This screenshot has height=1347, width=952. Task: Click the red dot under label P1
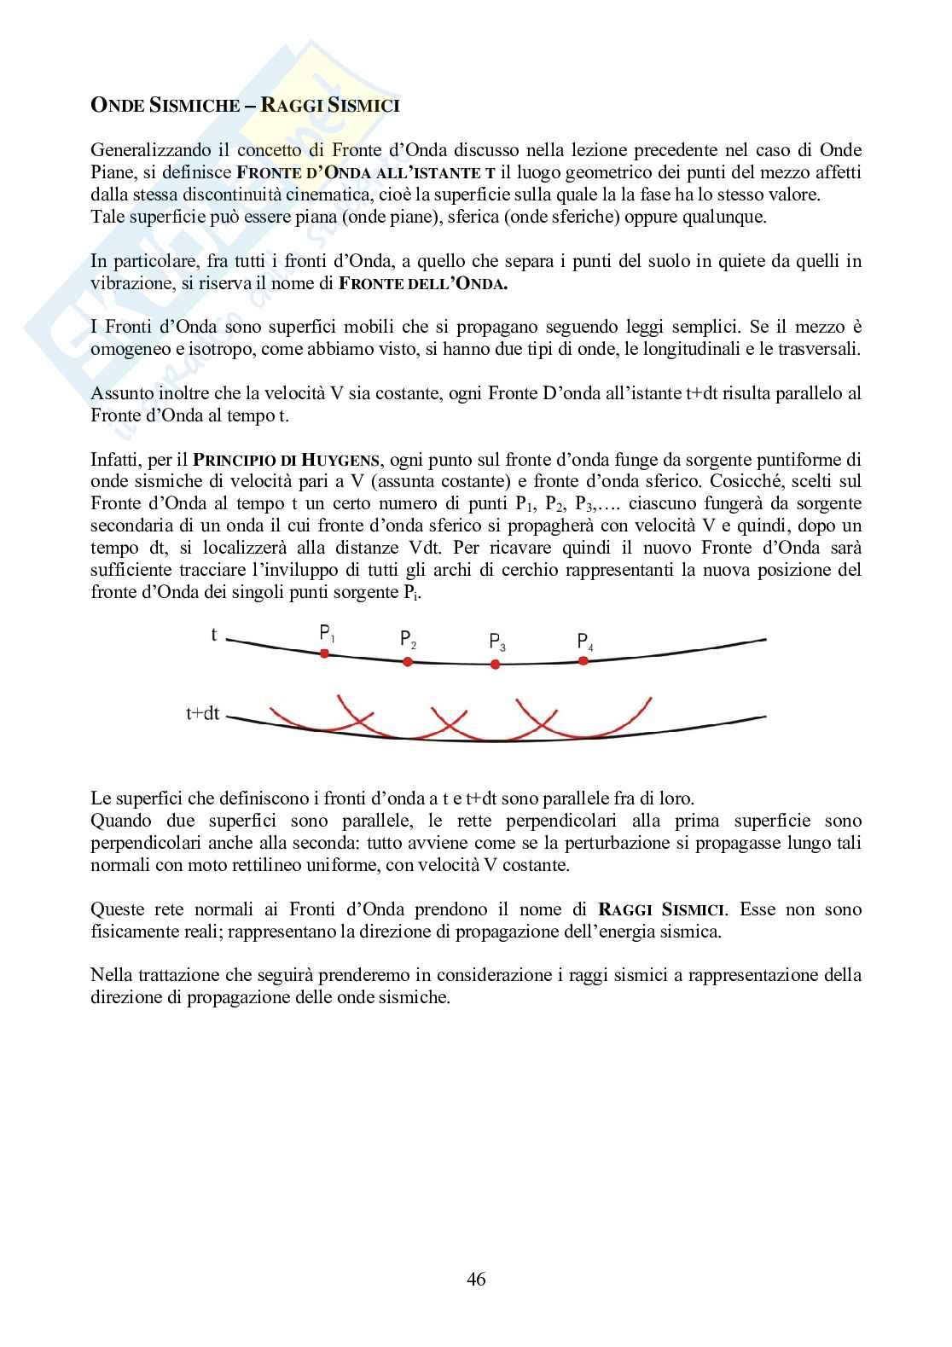[324, 653]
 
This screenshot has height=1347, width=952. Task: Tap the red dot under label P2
[408, 661]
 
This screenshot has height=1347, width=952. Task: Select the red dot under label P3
[496, 664]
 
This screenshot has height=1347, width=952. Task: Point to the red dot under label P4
[583, 660]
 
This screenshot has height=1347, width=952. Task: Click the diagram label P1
[328, 633]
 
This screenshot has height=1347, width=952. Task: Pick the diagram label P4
[585, 641]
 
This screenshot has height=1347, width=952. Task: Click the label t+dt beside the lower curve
[202, 713]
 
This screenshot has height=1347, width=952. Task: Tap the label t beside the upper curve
[213, 635]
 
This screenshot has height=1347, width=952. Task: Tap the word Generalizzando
[144, 151]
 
